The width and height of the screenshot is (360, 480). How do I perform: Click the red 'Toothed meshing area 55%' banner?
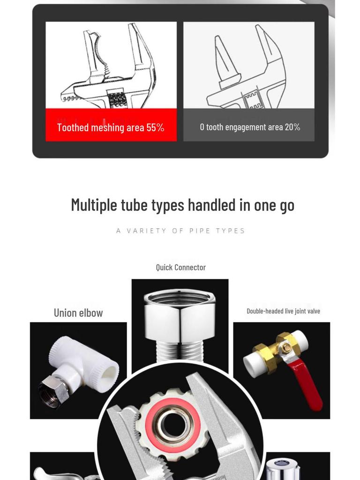point(111,125)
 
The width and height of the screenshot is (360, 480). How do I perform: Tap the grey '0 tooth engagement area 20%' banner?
point(249,125)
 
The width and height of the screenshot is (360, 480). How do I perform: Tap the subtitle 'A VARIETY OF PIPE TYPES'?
point(180,231)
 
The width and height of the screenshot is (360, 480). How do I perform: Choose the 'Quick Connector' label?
point(180,267)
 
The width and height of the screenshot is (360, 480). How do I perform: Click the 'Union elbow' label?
point(78,313)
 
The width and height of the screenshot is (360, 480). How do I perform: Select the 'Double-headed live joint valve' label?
point(283,311)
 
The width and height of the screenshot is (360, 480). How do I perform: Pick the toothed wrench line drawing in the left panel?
point(111,66)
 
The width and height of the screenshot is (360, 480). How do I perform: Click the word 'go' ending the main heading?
point(287,206)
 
